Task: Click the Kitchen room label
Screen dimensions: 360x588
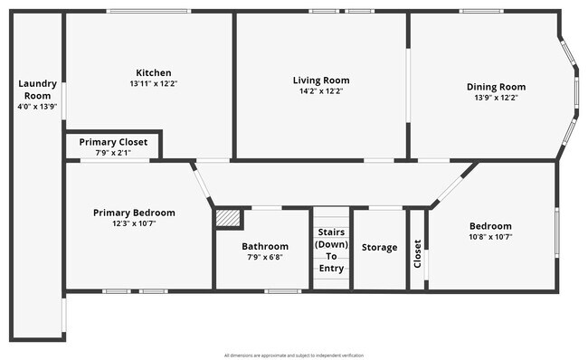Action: click(x=154, y=73)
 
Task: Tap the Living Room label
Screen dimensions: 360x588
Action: click(x=321, y=80)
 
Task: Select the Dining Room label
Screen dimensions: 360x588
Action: click(x=496, y=87)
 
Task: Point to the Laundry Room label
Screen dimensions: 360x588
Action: click(x=37, y=90)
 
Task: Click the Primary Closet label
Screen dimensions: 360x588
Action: click(x=113, y=142)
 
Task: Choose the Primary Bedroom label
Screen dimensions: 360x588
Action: click(x=134, y=213)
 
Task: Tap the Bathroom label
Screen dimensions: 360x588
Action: click(x=265, y=246)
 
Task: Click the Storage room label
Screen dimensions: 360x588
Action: click(x=379, y=247)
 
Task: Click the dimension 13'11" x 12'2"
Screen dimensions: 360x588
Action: click(x=154, y=84)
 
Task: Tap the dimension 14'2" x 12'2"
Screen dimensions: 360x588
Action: click(x=321, y=90)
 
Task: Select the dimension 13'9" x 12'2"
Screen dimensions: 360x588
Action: click(x=496, y=98)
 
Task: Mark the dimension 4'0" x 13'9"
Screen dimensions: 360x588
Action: click(x=37, y=106)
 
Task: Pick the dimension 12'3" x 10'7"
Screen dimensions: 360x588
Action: click(x=134, y=223)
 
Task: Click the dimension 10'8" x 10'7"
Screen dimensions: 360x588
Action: click(x=490, y=237)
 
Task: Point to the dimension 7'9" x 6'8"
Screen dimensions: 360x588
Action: click(x=265, y=257)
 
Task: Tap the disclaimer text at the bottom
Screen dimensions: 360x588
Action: click(x=293, y=355)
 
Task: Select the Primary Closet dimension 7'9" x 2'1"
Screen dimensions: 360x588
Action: click(x=113, y=153)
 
